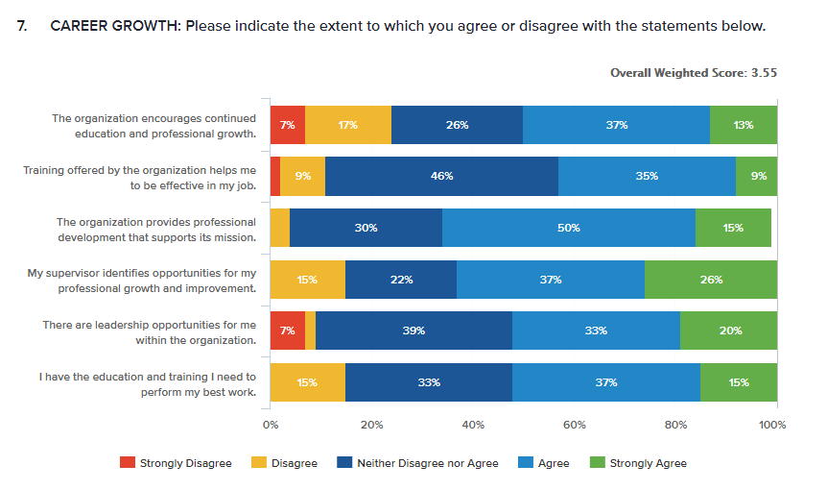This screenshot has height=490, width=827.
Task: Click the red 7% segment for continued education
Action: [x=287, y=125]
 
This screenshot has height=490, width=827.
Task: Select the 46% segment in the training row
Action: [x=441, y=176]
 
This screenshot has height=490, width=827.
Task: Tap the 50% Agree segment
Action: [x=569, y=228]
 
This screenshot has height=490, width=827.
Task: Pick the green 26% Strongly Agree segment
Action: [x=710, y=280]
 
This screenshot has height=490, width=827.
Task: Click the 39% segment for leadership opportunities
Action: [x=413, y=331]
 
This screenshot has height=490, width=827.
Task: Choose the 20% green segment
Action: [x=728, y=331]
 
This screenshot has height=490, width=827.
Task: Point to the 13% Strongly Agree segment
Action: [x=743, y=125]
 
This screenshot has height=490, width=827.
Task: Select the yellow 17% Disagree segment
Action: [x=347, y=125]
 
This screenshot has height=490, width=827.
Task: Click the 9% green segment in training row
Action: [x=756, y=176]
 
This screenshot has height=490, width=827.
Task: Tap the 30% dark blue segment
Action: [x=366, y=228]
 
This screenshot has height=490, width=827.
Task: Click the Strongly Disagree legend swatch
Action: [x=127, y=463]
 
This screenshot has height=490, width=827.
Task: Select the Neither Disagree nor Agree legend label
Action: [x=427, y=463]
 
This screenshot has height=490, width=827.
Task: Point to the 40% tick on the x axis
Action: [x=473, y=424]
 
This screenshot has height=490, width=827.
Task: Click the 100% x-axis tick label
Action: [x=772, y=424]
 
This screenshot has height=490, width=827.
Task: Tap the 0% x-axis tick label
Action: [x=271, y=424]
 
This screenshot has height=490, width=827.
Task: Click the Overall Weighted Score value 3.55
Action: [x=763, y=72]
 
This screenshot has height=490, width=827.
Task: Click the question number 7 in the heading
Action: [x=23, y=26]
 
